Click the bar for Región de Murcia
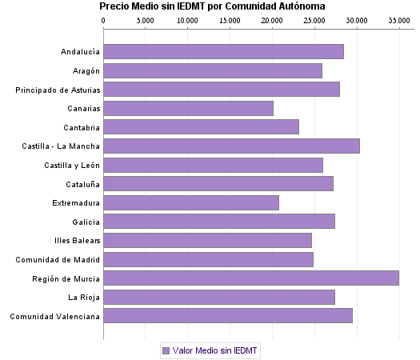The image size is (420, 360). click(x=251, y=278)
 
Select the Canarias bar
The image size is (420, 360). click(x=188, y=108)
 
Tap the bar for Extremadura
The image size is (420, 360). click(x=191, y=202)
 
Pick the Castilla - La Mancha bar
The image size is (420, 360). click(x=231, y=146)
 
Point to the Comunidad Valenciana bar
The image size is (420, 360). click(x=228, y=315)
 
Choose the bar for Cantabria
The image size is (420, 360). click(x=201, y=127)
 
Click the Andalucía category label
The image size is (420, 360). click(x=80, y=52)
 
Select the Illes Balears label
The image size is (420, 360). click(x=77, y=240)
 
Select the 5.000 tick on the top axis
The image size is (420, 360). click(x=146, y=20)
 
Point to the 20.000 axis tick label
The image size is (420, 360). click(x=272, y=20)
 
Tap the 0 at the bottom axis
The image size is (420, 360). click(x=104, y=334)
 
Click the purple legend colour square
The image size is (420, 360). click(x=166, y=350)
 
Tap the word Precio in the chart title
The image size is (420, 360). click(x=114, y=6)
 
